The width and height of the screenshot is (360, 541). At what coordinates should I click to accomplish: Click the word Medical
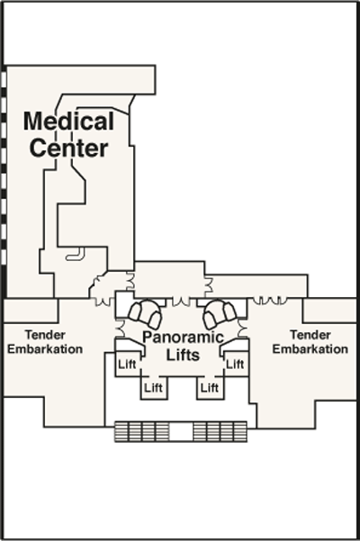pyautogui.click(x=68, y=121)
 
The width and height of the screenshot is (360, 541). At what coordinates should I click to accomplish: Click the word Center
pyautogui.click(x=68, y=148)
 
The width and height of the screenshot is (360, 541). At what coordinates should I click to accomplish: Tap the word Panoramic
pyautogui.click(x=183, y=337)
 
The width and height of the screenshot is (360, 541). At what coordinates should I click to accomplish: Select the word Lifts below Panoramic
pyautogui.click(x=183, y=355)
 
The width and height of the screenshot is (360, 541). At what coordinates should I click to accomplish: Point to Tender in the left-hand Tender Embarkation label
pyautogui.click(x=45, y=335)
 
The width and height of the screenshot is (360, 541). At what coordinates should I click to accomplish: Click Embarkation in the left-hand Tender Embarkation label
pyautogui.click(x=45, y=349)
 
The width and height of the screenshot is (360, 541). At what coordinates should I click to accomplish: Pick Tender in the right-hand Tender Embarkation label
pyautogui.click(x=310, y=335)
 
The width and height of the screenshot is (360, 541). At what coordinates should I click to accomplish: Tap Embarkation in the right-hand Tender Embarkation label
pyautogui.click(x=310, y=349)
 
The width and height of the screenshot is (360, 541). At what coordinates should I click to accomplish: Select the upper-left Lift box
pyautogui.click(x=128, y=364)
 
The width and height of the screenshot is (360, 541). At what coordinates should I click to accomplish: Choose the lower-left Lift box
pyautogui.click(x=154, y=388)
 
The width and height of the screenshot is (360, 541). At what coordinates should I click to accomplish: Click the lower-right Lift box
pyautogui.click(x=210, y=388)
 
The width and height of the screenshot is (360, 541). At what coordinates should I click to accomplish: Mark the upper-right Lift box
pyautogui.click(x=236, y=364)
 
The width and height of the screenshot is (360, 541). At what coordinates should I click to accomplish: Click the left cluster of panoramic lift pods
pyautogui.click(x=145, y=313)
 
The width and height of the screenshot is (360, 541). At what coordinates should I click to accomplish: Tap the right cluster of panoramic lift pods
pyautogui.click(x=220, y=313)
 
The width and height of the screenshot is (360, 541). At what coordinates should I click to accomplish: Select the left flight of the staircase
pyautogui.click(x=141, y=431)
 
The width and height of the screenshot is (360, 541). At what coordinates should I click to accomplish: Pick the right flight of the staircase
pyautogui.click(x=220, y=431)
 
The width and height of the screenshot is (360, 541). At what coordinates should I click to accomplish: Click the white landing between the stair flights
pyautogui.click(x=181, y=431)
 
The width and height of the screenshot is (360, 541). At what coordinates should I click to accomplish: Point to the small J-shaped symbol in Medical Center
pyautogui.click(x=76, y=254)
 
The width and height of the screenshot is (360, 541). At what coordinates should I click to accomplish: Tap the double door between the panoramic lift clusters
pyautogui.click(x=181, y=302)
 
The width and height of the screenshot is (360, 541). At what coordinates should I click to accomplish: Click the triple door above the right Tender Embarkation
pyautogui.click(x=270, y=300)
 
